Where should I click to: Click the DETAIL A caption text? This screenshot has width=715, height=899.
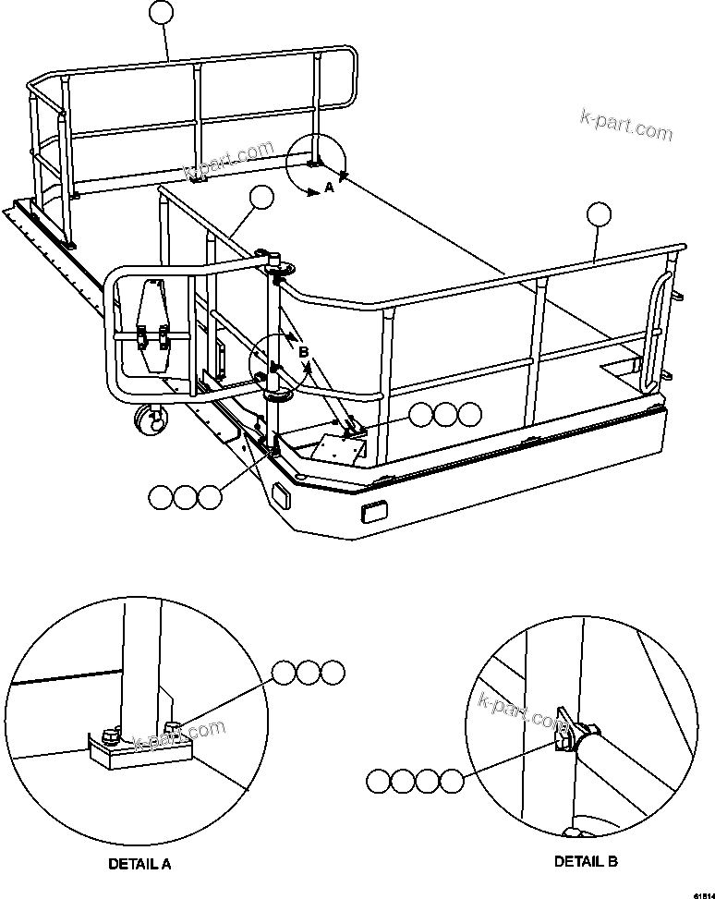click(139, 865)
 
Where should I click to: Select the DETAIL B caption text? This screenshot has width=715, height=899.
click(586, 861)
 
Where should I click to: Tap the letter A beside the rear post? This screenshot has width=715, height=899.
click(327, 188)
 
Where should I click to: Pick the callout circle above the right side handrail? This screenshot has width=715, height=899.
click(599, 214)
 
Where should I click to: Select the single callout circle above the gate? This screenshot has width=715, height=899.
click(262, 197)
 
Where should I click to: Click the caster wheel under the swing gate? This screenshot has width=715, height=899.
click(149, 420)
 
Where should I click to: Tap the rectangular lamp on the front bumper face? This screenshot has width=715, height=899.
click(375, 510)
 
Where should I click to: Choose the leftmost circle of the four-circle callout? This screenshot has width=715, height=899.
click(379, 782)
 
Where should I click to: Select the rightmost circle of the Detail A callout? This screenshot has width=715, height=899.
click(333, 673)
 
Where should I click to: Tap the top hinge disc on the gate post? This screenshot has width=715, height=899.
click(278, 268)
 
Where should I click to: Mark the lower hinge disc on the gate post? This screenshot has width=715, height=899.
click(277, 395)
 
